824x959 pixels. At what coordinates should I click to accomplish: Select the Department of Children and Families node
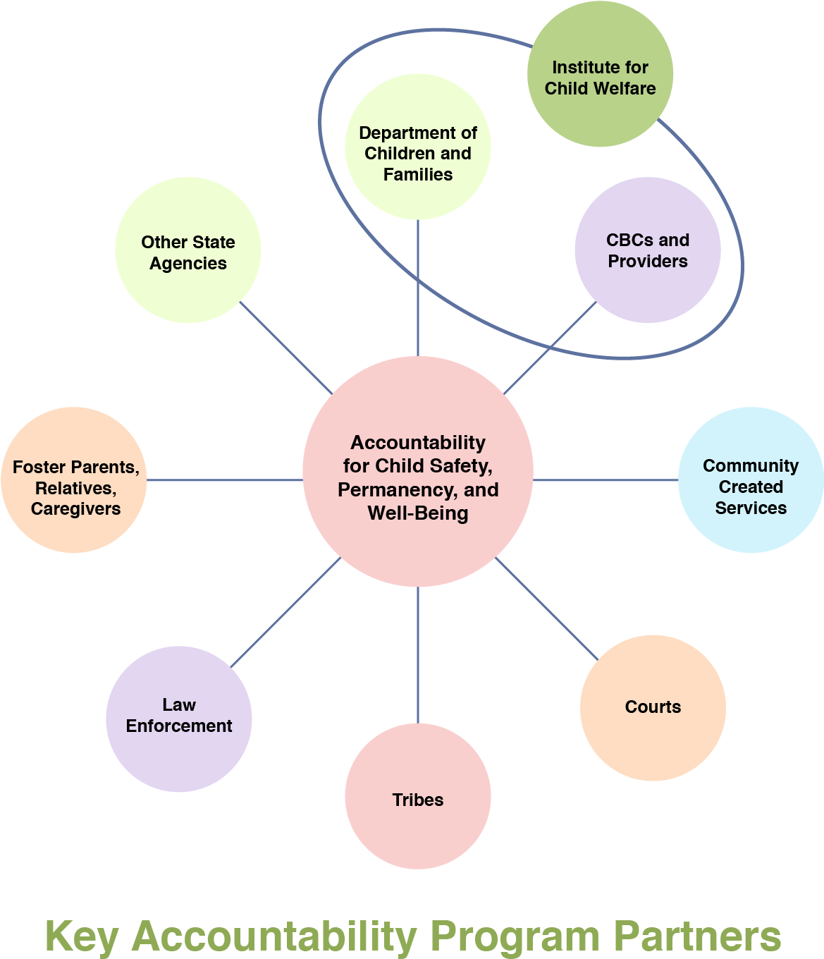(x=418, y=148)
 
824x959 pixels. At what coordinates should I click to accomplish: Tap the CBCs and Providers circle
(x=647, y=250)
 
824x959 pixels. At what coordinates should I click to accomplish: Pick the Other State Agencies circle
(x=188, y=251)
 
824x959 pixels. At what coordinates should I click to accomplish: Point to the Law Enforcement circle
(x=179, y=719)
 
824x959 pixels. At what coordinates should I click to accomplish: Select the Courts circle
(x=653, y=708)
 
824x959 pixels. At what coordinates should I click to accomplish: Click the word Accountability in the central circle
(x=418, y=443)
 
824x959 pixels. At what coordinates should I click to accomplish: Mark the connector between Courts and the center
(x=547, y=609)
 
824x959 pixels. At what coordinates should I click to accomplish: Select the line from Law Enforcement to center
(x=285, y=612)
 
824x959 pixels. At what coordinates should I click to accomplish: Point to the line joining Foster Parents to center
(x=226, y=480)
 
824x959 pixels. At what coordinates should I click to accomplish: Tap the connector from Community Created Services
(x=606, y=480)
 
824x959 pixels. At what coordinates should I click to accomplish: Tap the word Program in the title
(x=515, y=937)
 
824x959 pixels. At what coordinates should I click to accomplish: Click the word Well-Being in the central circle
(x=418, y=513)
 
